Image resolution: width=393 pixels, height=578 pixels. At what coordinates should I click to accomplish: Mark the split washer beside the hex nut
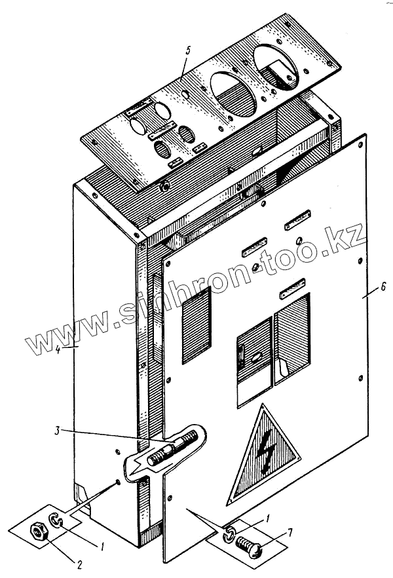tap(57, 520)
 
